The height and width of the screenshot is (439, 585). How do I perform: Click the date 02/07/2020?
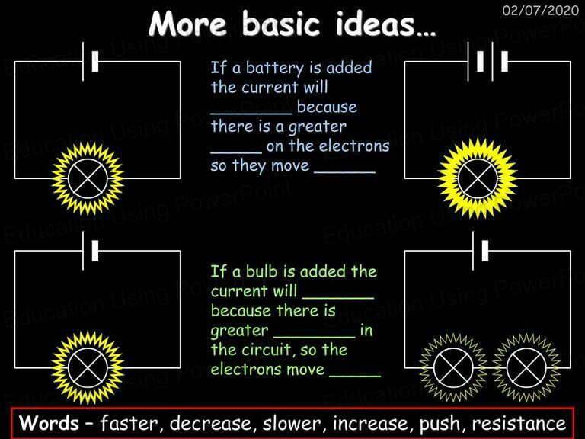(x=541, y=10)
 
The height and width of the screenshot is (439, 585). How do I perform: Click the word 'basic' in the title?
(x=281, y=24)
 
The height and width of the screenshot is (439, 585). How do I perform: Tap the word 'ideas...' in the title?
(x=385, y=24)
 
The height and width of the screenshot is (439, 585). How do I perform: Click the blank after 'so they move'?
(x=345, y=172)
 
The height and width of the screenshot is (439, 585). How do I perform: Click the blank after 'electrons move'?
(x=355, y=376)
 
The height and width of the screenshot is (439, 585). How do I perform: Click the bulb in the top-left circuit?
(x=88, y=178)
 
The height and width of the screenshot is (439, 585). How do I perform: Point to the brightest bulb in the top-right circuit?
(x=478, y=178)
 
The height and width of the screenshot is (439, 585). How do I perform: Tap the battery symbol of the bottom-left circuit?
(x=90, y=251)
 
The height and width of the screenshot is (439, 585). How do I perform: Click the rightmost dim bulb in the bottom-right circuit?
(x=526, y=367)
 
